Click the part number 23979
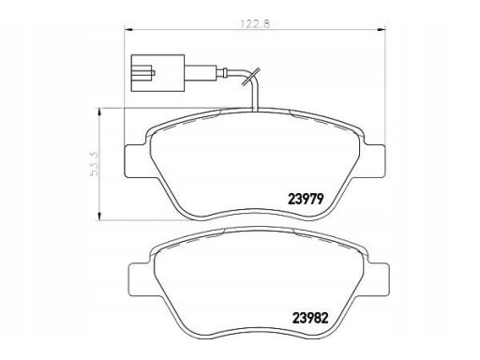coord(305,199)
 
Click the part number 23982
coord(310,318)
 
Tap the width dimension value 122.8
coord(254,23)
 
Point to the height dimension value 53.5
coord(95,164)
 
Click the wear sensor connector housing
coord(157,73)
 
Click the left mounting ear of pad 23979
coord(135,161)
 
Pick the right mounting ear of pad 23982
coord(379,280)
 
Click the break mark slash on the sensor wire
coord(250,78)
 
